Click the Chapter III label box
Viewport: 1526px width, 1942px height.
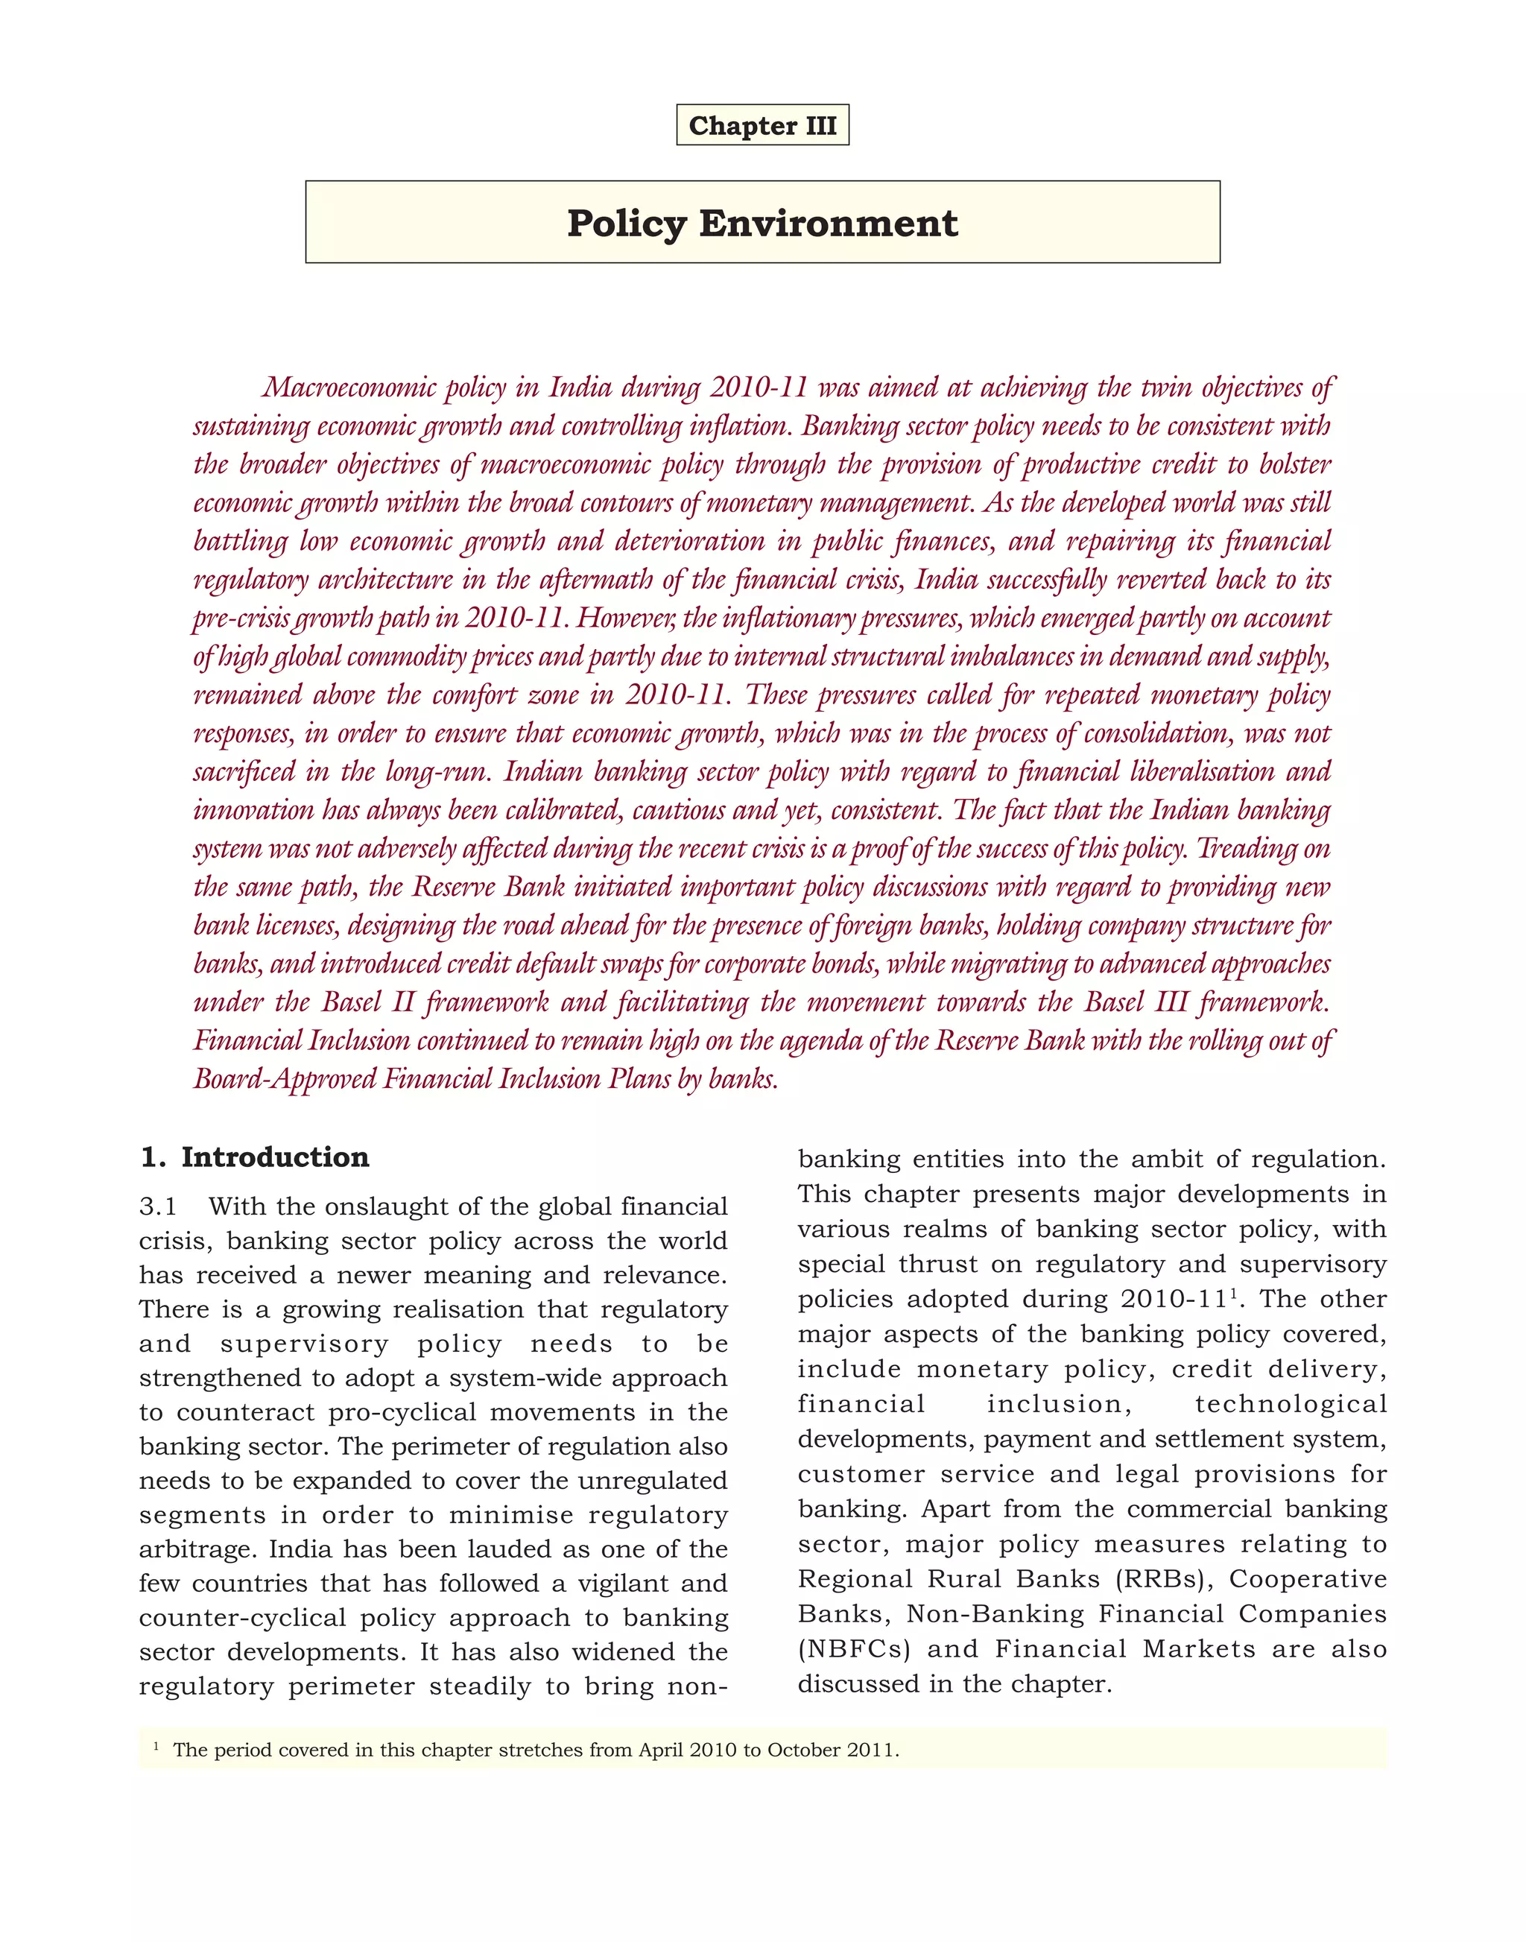(x=762, y=125)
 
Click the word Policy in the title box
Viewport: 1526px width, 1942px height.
(x=625, y=223)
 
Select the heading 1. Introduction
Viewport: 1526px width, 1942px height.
(x=255, y=1157)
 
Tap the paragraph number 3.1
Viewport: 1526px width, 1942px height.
(x=158, y=1206)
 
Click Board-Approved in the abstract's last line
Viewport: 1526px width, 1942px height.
(x=285, y=1080)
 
